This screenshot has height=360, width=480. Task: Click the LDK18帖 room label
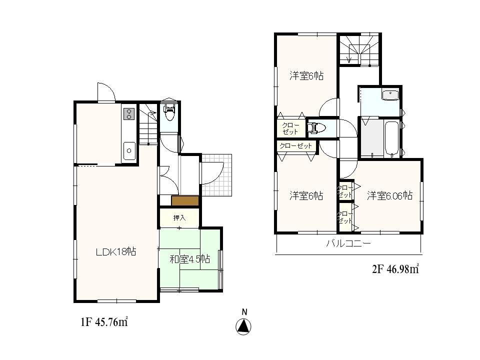[x=116, y=252]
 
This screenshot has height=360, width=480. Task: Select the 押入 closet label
[x=179, y=218]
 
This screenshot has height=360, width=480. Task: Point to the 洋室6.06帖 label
[x=389, y=195]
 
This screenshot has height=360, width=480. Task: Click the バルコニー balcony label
[x=348, y=243]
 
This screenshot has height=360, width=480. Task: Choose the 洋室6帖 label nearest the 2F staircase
[x=306, y=76]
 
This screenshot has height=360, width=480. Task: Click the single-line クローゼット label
[x=296, y=146]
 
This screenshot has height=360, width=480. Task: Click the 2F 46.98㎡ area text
[x=395, y=269]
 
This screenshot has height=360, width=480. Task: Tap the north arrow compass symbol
[x=243, y=326]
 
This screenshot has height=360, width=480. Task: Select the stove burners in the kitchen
[x=128, y=113]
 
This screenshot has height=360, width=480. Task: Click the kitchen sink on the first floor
[x=129, y=149]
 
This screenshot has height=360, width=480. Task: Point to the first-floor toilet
[x=169, y=113]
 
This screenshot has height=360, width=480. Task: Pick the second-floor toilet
[x=315, y=128]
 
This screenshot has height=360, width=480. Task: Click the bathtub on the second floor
[x=391, y=138]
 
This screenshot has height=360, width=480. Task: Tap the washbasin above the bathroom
[x=389, y=95]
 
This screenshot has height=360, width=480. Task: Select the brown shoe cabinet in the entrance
[x=185, y=200]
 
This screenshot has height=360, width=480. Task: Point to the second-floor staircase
[x=358, y=50]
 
